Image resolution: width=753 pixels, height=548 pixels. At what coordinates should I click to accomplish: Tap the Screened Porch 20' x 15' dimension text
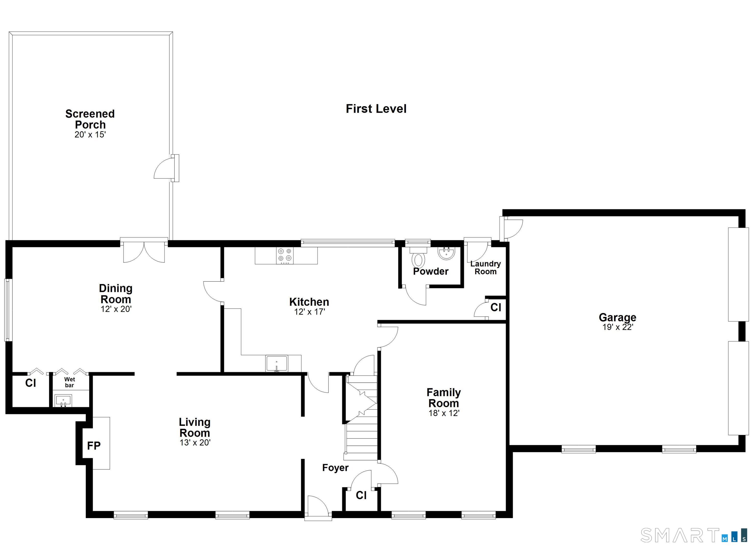click(90, 135)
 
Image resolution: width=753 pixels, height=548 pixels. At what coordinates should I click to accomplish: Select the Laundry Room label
click(485, 268)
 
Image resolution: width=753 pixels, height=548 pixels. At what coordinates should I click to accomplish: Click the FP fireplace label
click(94, 446)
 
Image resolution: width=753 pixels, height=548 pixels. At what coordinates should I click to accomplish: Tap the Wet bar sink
click(63, 400)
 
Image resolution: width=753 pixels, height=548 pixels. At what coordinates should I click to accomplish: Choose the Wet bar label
click(69, 382)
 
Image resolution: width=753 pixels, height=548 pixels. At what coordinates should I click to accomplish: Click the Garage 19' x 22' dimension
click(617, 327)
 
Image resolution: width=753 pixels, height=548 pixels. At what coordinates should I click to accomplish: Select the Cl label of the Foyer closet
click(361, 496)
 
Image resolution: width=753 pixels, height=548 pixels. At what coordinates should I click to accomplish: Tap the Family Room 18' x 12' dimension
click(444, 413)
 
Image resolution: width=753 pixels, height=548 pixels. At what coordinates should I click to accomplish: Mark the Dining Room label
click(115, 293)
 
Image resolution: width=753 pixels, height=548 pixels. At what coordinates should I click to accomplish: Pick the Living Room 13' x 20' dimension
click(195, 443)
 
